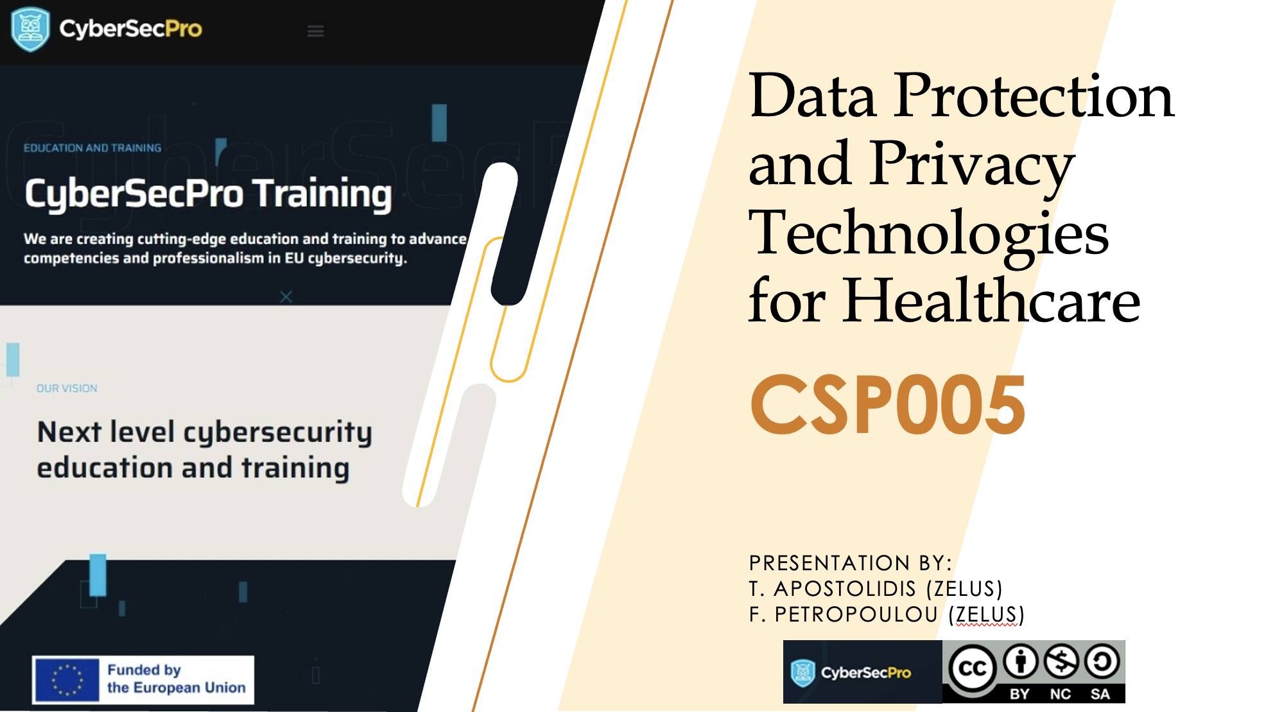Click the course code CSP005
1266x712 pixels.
(x=888, y=405)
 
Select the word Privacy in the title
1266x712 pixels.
(x=972, y=165)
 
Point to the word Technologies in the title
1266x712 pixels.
(x=929, y=234)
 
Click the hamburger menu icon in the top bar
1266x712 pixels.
(x=315, y=31)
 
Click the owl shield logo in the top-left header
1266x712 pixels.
(x=30, y=30)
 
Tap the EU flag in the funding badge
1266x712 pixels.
(x=66, y=680)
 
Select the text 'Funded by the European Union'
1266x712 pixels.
(x=177, y=679)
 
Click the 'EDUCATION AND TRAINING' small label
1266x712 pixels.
(x=92, y=148)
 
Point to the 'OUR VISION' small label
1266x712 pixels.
(x=67, y=389)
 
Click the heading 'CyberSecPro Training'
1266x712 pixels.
(x=208, y=194)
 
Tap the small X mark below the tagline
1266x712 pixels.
(x=286, y=297)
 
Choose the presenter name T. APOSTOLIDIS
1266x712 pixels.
(x=833, y=589)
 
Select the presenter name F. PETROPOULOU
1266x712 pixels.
(x=844, y=615)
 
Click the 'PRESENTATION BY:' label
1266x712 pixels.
(x=851, y=563)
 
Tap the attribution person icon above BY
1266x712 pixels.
(x=1021, y=662)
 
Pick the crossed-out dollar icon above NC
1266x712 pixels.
(x=1061, y=662)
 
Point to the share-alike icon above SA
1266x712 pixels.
(x=1102, y=662)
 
